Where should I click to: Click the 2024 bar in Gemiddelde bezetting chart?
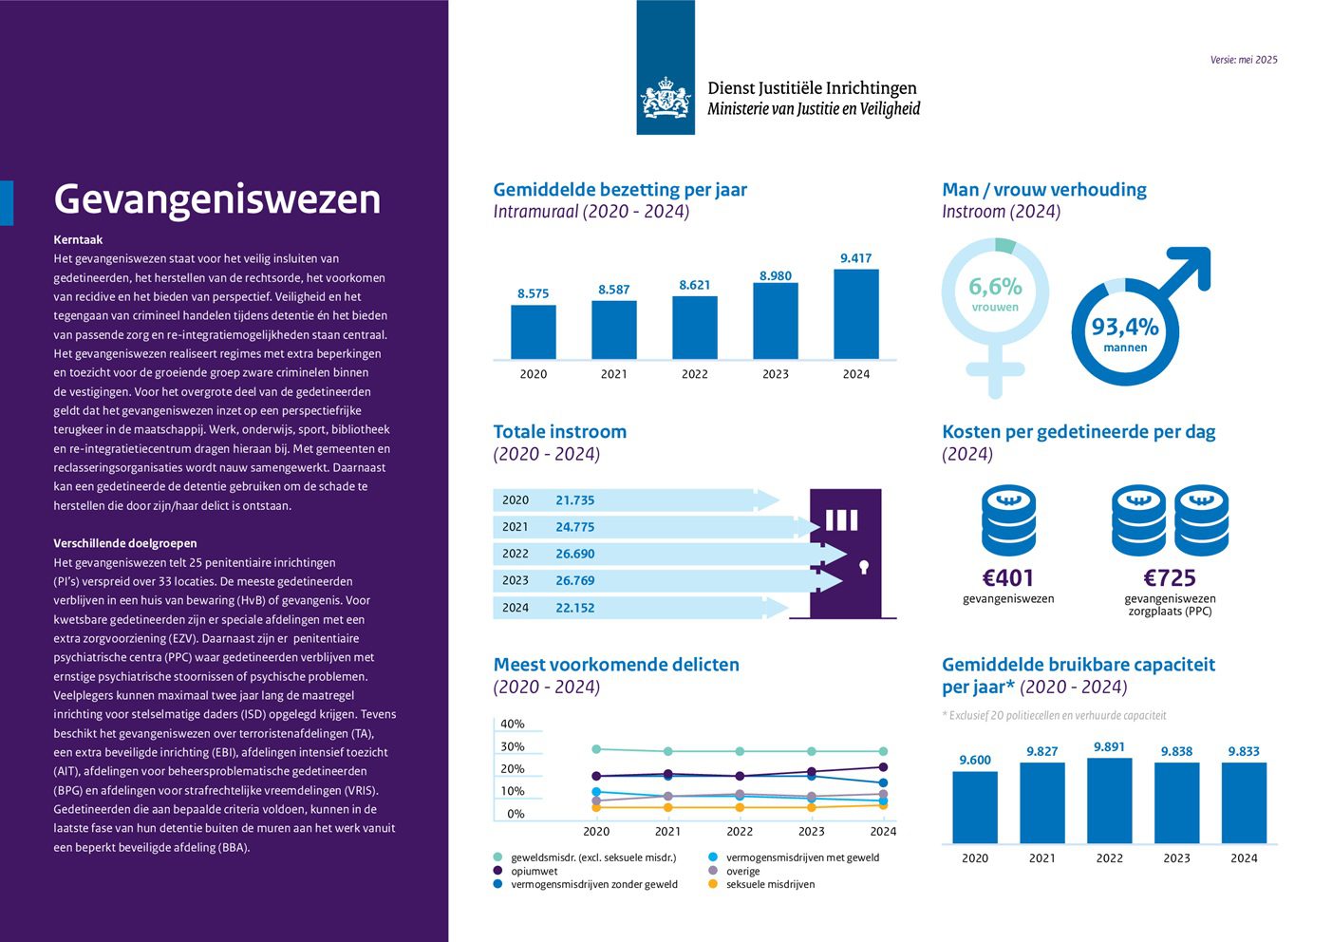tap(855, 313)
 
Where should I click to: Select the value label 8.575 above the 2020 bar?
tap(533, 293)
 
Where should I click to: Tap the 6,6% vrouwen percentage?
tap(995, 287)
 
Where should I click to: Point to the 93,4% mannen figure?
tap(1125, 328)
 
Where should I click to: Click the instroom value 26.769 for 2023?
tap(574, 580)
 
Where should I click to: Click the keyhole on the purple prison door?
tap(863, 567)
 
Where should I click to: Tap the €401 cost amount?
tap(1007, 577)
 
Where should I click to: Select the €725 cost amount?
tap(1170, 577)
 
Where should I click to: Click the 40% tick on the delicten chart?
tap(512, 724)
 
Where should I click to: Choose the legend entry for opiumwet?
tap(534, 871)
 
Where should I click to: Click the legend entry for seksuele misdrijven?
tap(770, 884)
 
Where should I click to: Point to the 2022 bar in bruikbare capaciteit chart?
tap(1109, 800)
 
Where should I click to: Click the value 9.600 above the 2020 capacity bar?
tap(974, 760)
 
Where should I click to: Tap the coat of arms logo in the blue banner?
tap(666, 98)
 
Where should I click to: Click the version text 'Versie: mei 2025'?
tap(1244, 60)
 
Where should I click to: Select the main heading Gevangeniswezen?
tap(217, 199)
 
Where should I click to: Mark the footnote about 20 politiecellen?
tap(1054, 715)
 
